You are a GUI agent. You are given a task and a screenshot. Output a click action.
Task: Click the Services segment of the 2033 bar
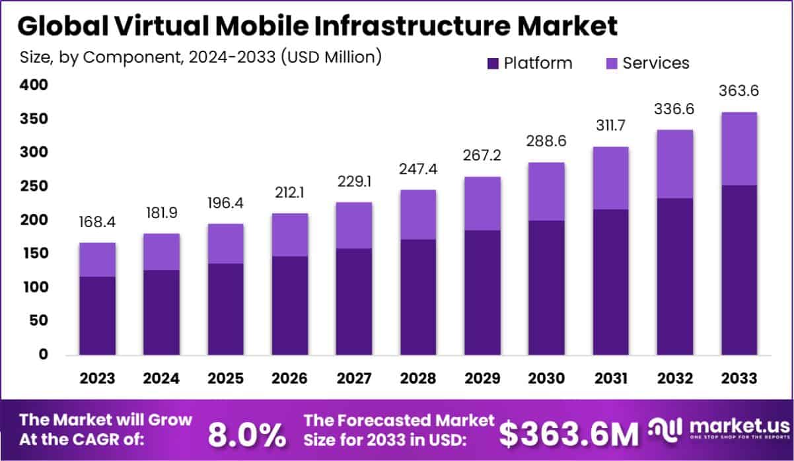(739, 149)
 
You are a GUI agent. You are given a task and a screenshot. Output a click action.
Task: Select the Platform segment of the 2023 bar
(97, 315)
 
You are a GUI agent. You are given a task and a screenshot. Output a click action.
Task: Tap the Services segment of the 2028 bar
(418, 215)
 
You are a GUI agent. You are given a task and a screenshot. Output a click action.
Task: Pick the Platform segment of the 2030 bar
(546, 287)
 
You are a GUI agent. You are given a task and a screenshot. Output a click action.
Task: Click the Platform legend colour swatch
(493, 63)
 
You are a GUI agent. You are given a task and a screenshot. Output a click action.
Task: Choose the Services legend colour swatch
(612, 63)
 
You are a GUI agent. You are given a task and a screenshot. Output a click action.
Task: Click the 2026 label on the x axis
(289, 378)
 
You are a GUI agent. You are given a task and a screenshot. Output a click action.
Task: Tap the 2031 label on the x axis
(610, 378)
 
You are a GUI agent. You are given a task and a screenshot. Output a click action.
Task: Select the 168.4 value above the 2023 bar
(97, 222)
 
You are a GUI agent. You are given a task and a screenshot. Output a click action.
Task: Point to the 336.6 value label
(674, 108)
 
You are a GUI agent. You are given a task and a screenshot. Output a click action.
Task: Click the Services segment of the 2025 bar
(225, 244)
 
